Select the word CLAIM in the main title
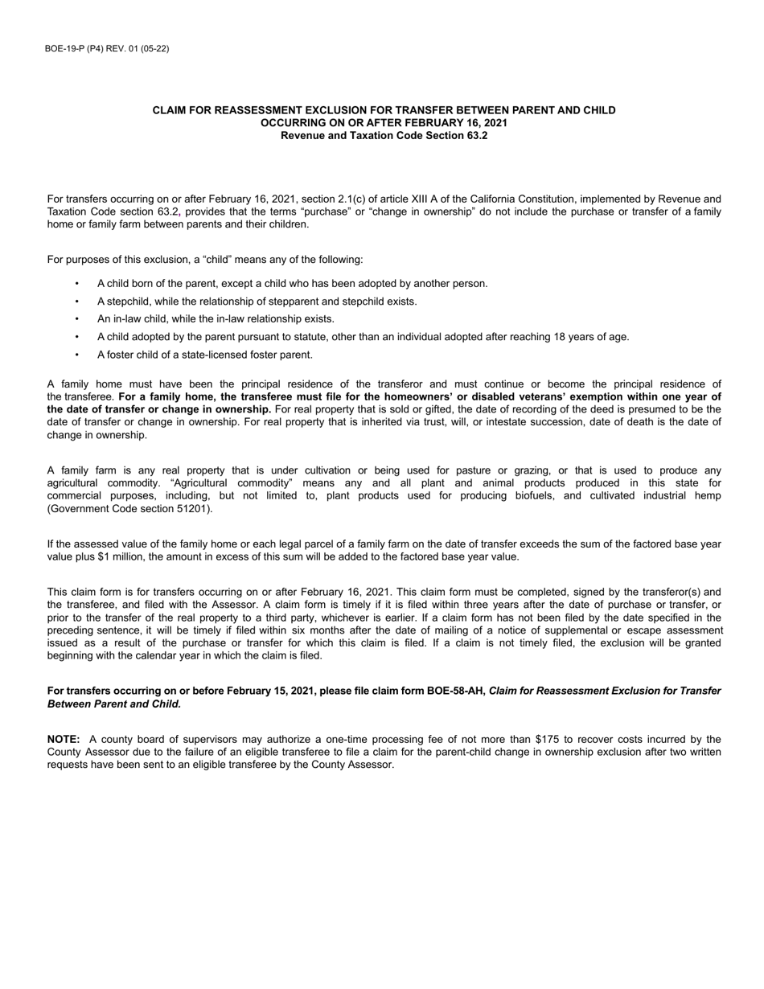170,110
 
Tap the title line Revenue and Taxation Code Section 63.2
384,136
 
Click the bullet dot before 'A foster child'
77,355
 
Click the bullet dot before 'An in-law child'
77,319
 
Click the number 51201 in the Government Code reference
196,509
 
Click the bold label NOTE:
64,739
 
